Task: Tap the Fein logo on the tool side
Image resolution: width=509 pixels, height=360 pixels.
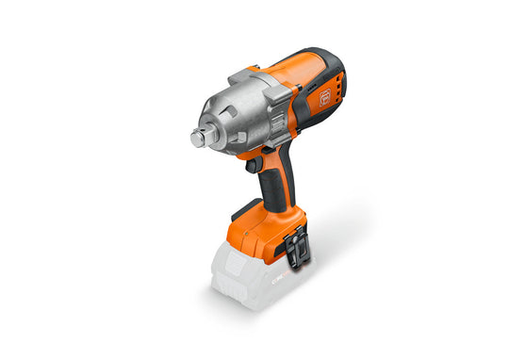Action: (x=326, y=95)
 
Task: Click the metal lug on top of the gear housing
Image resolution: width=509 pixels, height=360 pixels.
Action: (x=242, y=74)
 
